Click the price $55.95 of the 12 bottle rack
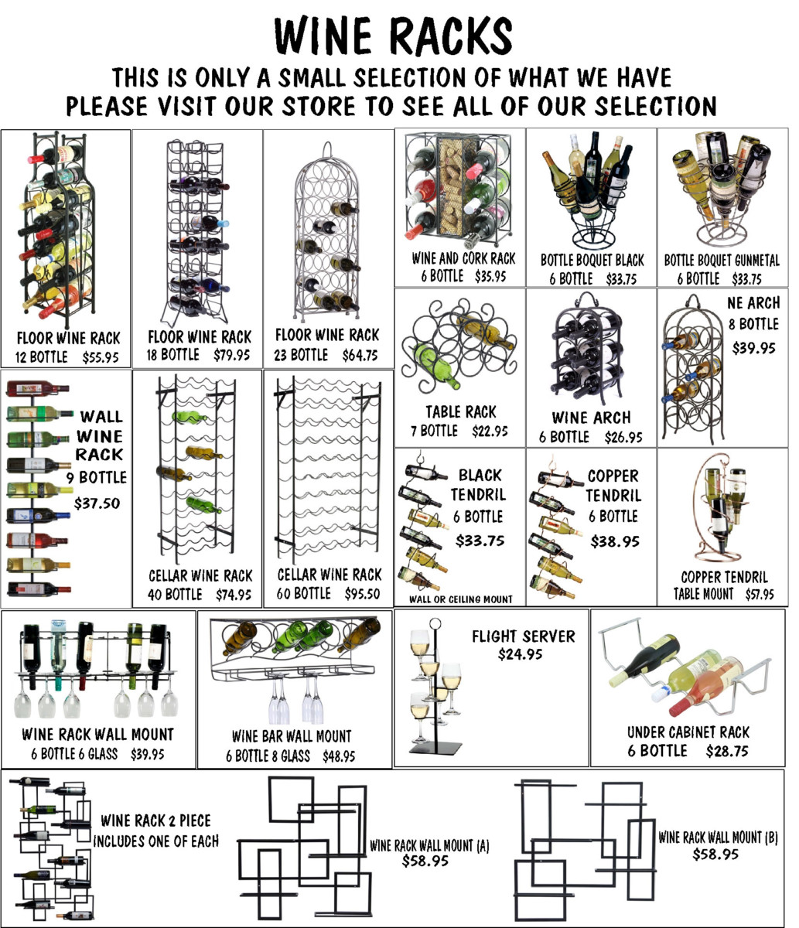click(101, 357)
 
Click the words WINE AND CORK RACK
click(464, 258)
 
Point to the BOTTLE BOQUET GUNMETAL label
click(722, 260)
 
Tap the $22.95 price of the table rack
click(490, 431)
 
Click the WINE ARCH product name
click(591, 418)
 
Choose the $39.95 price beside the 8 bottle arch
click(753, 347)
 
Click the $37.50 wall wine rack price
click(97, 503)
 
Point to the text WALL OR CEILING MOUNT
click(461, 599)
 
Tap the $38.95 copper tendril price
click(615, 541)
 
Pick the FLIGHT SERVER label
click(524, 636)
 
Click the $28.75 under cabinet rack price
click(727, 751)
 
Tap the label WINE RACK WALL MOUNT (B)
click(718, 837)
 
